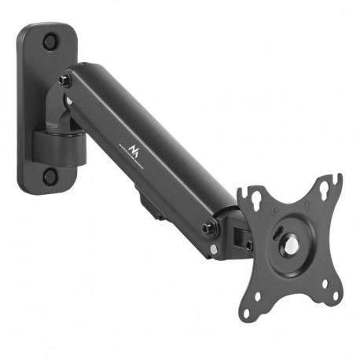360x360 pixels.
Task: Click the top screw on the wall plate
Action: coord(51,40)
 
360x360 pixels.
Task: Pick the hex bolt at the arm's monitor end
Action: coord(208,228)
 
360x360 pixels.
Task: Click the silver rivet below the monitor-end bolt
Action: coord(213,252)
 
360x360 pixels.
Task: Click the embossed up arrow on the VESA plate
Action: coord(308,206)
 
